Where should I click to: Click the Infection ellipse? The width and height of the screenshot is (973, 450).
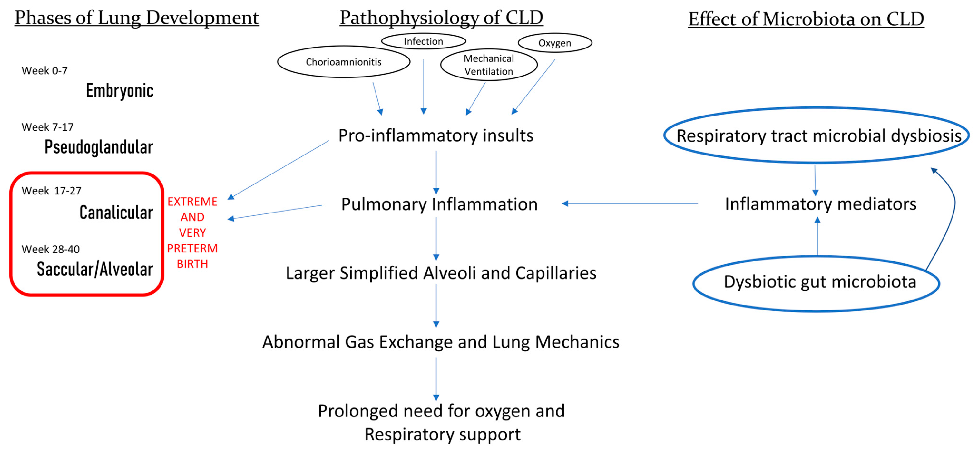tap(423, 41)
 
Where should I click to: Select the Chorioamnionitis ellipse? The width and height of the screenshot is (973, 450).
tap(343, 62)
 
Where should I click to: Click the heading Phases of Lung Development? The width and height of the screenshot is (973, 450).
tap(137, 18)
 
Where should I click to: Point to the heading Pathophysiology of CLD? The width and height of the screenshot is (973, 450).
tap(441, 18)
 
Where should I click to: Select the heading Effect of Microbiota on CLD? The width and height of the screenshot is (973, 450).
tap(806, 19)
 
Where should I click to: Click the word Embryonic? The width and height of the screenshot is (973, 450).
tap(119, 91)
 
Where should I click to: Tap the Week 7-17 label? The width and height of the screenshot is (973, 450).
tap(48, 127)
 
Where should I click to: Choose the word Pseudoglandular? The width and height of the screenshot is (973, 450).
tap(98, 147)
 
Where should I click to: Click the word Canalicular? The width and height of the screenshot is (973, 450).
tap(116, 212)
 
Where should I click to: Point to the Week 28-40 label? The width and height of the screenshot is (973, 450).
tap(51, 249)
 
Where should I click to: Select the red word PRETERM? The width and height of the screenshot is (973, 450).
tap(192, 248)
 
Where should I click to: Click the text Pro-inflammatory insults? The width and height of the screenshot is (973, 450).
tap(435, 135)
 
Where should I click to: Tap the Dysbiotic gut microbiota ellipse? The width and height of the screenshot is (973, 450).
tap(816, 283)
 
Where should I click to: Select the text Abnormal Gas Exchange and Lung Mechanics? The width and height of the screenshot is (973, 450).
tap(440, 342)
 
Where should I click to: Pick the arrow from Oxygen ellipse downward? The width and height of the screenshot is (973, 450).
tap(533, 87)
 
